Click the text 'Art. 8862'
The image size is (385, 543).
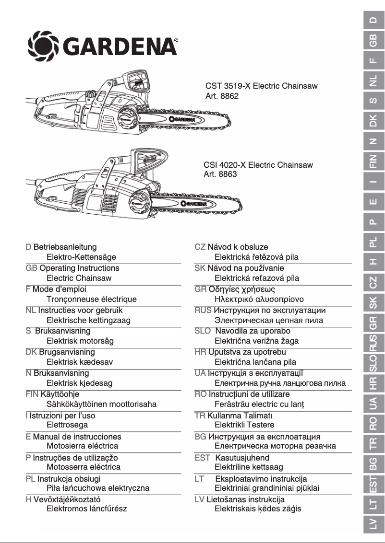pos(222,96)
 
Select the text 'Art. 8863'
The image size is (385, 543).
pos(220,174)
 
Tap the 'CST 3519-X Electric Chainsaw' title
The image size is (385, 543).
pos(261,86)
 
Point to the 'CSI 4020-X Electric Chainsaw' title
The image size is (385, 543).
pos(258,165)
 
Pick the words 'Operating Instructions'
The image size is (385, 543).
pos(79,268)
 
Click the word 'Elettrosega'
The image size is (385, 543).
pos(67,425)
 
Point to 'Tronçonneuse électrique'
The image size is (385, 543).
pos(91,299)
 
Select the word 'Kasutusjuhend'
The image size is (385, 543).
pos(242,458)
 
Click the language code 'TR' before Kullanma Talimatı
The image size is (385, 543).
pos(200,416)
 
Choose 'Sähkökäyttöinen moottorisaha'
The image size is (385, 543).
pos(101,404)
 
